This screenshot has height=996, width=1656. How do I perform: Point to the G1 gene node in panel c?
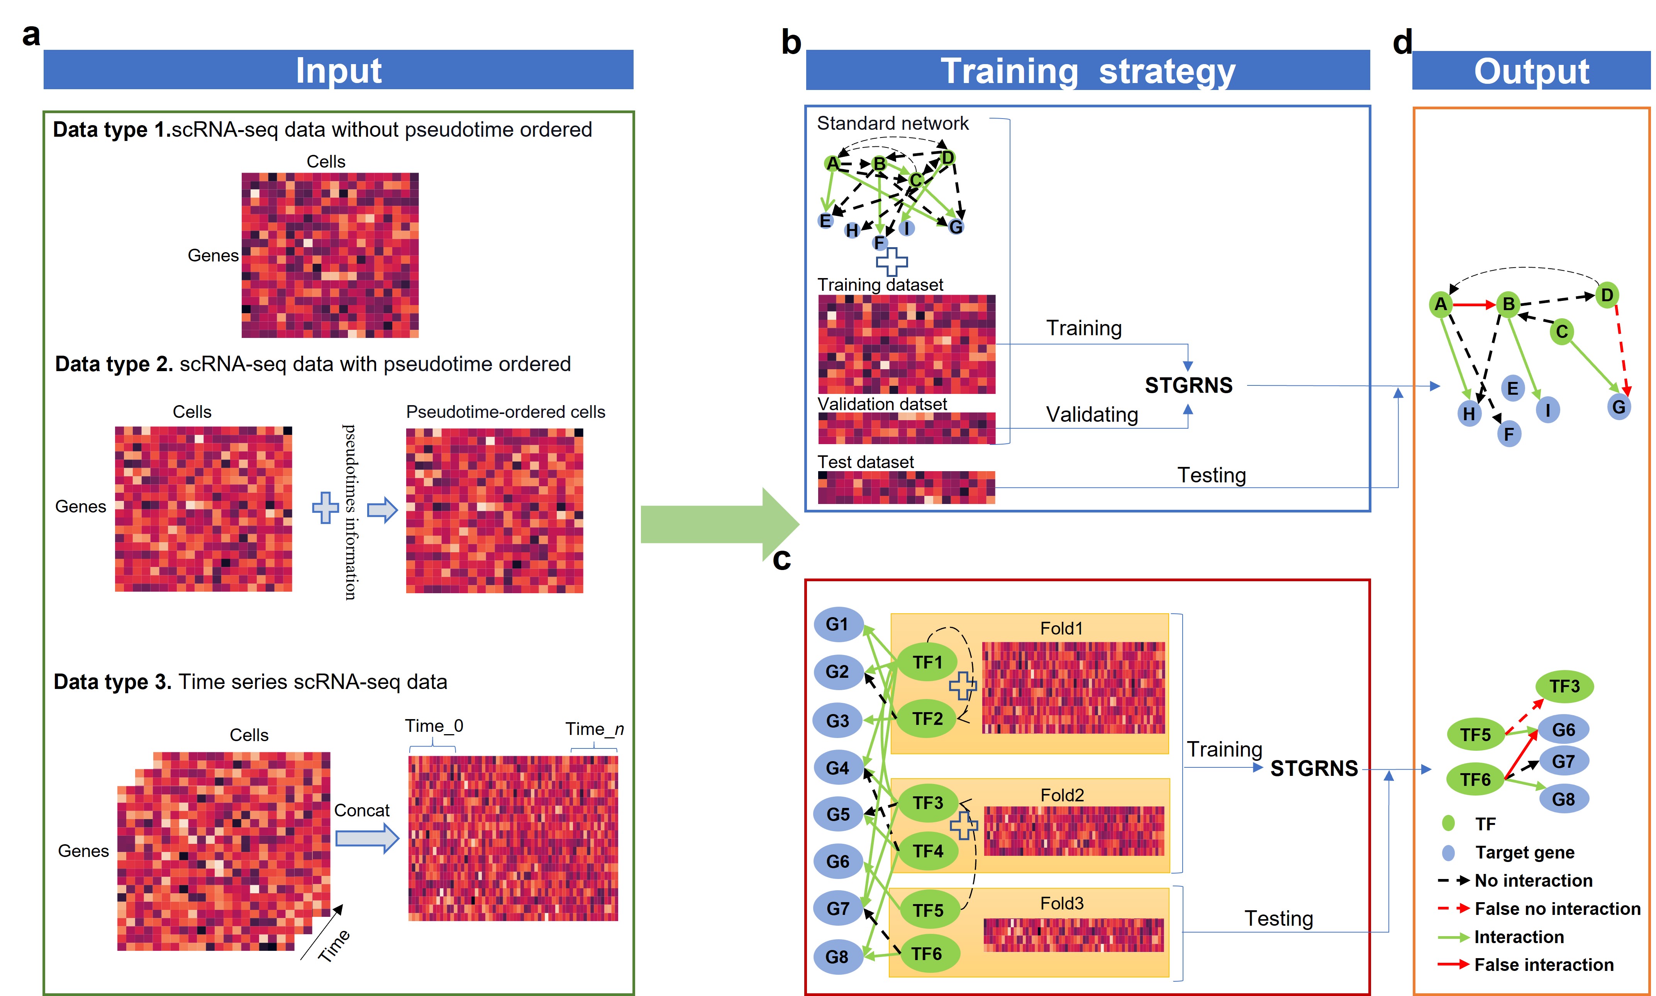click(837, 624)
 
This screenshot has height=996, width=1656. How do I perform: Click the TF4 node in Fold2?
click(927, 851)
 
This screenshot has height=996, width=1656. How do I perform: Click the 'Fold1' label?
click(1061, 628)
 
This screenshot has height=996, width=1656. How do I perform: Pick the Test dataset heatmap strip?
click(906, 487)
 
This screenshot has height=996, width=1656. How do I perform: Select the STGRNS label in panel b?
click(1188, 385)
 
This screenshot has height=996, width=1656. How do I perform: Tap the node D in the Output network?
click(1606, 295)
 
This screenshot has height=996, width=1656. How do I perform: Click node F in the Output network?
click(1509, 434)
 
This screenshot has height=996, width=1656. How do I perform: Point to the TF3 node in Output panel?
click(1564, 686)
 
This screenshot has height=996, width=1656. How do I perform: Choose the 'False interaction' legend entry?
click(1543, 964)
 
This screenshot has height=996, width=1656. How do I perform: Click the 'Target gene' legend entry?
click(1524, 852)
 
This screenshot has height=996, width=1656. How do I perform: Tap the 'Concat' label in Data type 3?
click(362, 811)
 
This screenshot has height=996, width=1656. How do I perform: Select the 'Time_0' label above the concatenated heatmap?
click(434, 726)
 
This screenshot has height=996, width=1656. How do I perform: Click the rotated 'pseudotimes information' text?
click(349, 511)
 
